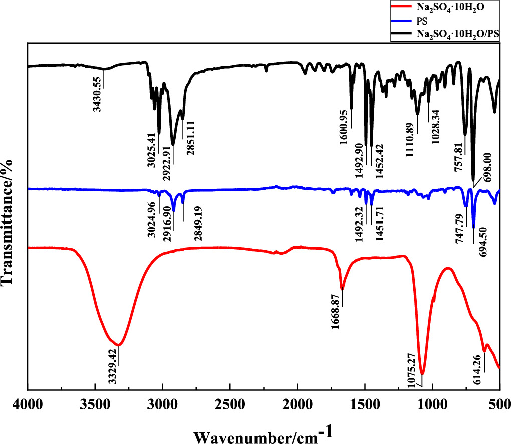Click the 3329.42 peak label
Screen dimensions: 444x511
pos(113,366)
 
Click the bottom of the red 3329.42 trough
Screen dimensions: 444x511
pos(118,345)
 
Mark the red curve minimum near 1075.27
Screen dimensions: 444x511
pos(422,374)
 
